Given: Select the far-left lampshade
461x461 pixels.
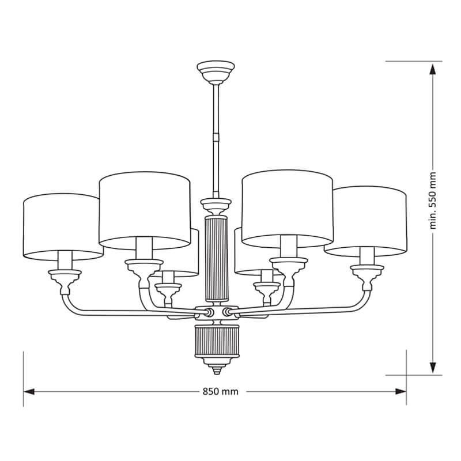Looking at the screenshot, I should tap(61, 225).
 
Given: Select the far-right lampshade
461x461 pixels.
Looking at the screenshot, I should tap(369, 219).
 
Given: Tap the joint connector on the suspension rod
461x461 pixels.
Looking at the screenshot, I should tap(216, 137).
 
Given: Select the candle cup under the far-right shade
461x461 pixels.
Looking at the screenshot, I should tap(367, 273).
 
